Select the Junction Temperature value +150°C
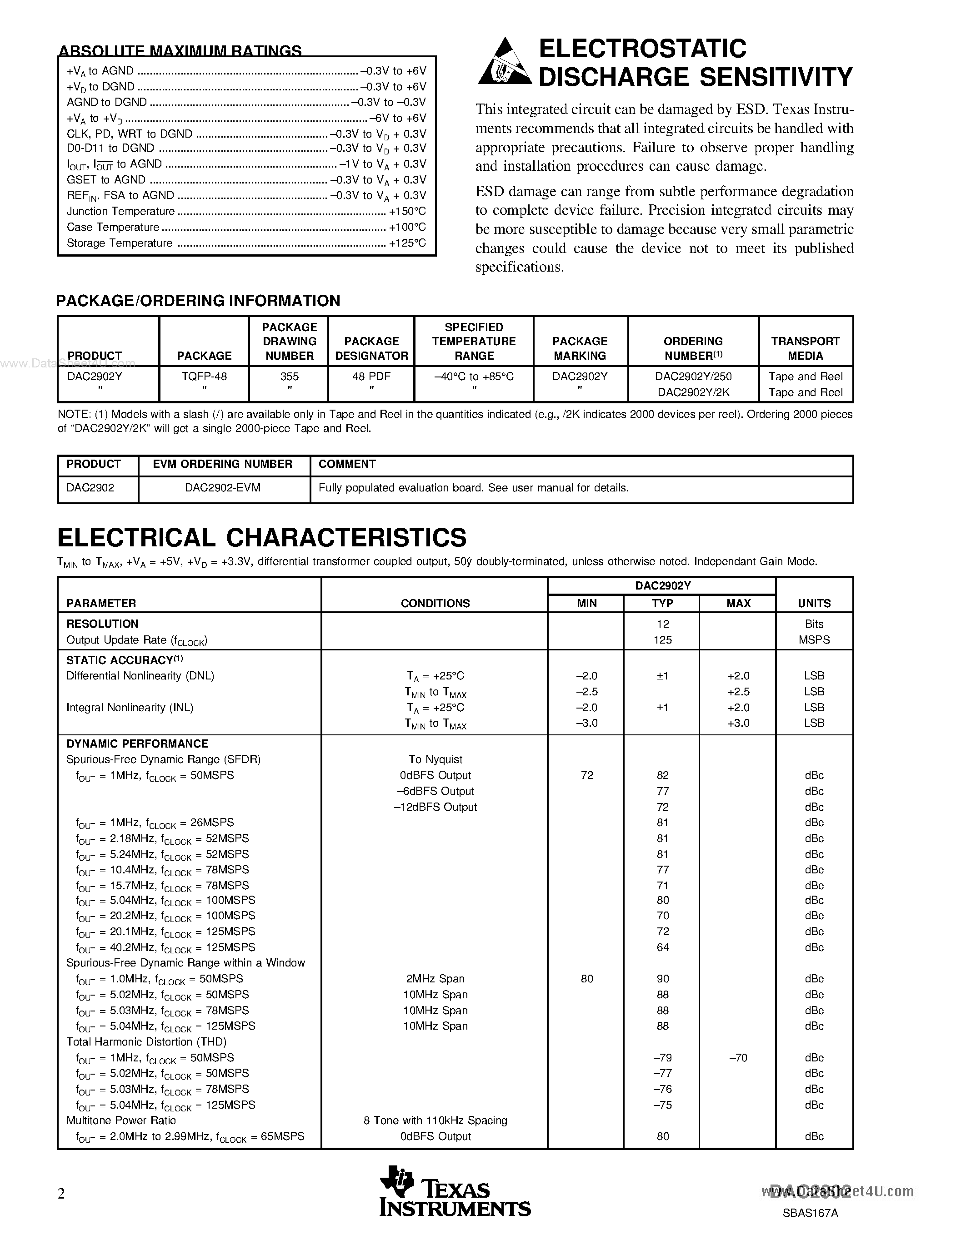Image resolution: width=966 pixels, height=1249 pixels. (x=407, y=212)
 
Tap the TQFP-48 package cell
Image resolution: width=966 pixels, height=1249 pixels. (x=204, y=377)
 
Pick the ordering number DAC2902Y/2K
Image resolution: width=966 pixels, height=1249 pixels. (x=693, y=392)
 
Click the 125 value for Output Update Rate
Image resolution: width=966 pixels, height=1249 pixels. (x=662, y=640)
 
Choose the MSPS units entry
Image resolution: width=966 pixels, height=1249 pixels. (x=814, y=640)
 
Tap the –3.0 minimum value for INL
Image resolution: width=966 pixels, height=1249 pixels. (x=586, y=723)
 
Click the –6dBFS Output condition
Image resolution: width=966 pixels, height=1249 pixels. (x=435, y=791)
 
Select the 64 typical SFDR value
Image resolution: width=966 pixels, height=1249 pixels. (x=662, y=947)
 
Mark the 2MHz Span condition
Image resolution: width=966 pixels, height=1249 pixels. (x=435, y=978)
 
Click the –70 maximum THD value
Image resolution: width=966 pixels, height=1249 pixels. (x=738, y=1057)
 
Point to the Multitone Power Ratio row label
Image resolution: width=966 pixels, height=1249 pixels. (x=121, y=1120)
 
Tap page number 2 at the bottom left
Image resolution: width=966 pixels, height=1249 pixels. (x=61, y=1193)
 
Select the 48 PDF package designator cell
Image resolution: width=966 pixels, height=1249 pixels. (x=371, y=377)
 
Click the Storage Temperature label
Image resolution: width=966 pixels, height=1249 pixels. (x=119, y=243)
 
